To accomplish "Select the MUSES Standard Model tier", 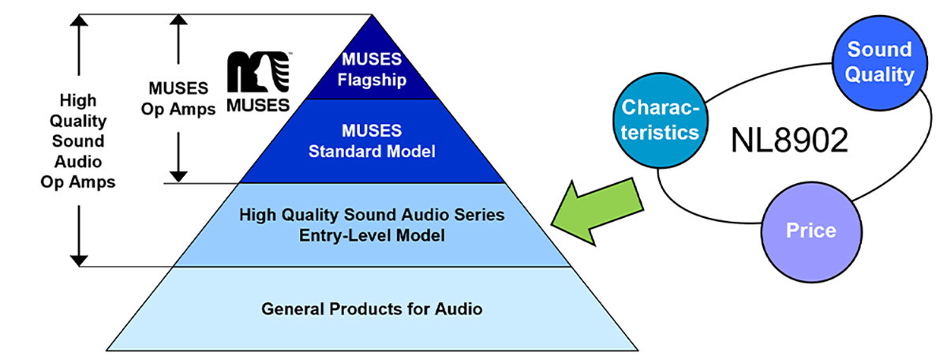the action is pos(372,141).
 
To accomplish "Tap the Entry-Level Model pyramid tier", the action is pos(372,225).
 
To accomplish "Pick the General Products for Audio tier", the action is pos(372,309).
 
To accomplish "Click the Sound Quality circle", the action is pos(880,63).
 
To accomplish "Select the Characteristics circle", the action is pos(661,121).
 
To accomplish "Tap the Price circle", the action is pos(811,232).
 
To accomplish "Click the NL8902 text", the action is pos(789,141).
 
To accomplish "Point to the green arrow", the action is pos(597,212).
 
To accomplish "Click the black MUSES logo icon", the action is pos(259,72).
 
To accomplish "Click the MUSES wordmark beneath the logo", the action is pos(258,105).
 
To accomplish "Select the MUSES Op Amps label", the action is pos(178,99).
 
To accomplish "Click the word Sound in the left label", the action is pos(78,141).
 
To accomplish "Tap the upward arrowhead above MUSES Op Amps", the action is pos(178,20).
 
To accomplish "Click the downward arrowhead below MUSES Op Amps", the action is pos(178,178).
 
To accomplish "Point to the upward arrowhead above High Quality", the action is pos(79,20).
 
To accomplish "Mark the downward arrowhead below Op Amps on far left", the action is pos(79,261).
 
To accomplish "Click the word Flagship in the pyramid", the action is pos(372,80).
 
